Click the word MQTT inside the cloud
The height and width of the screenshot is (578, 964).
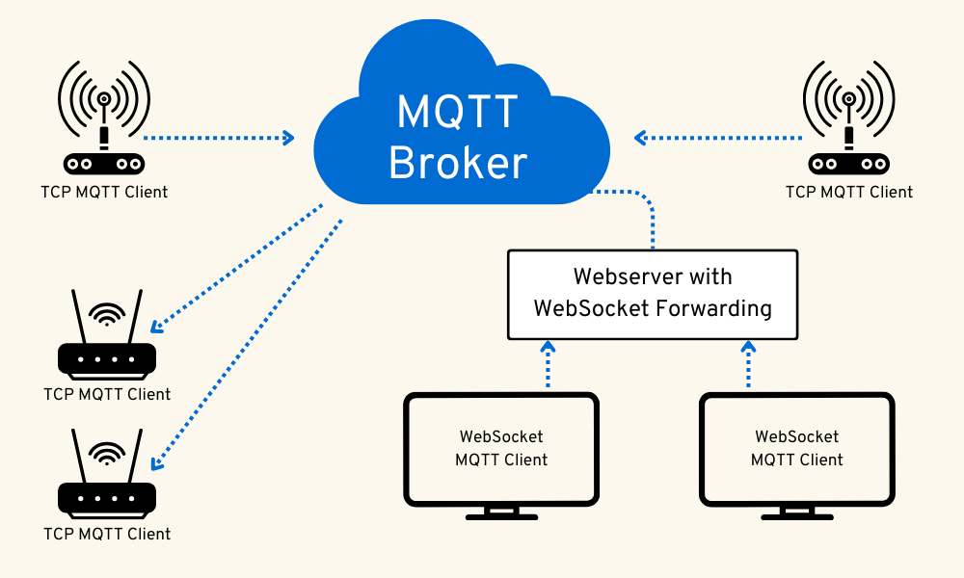458,112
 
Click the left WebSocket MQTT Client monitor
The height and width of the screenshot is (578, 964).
501,449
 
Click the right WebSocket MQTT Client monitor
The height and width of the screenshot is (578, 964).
796,449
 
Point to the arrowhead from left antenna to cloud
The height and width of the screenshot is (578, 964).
286,138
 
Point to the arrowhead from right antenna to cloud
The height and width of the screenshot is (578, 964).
640,138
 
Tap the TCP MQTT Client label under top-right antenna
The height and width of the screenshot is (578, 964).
848,192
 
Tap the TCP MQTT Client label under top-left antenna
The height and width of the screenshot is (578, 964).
104,192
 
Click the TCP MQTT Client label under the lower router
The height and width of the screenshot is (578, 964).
107,533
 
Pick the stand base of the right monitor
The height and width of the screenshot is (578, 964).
796,516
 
